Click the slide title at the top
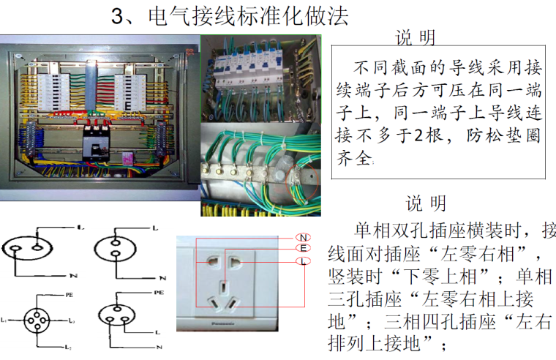pos(229,15)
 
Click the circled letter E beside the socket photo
pos(303,249)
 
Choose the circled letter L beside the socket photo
pos(303,261)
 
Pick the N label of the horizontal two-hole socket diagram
pos(72,275)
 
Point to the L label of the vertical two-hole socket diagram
pos(155,228)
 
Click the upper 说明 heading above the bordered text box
pos(416,38)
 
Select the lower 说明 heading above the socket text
pos(426,202)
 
